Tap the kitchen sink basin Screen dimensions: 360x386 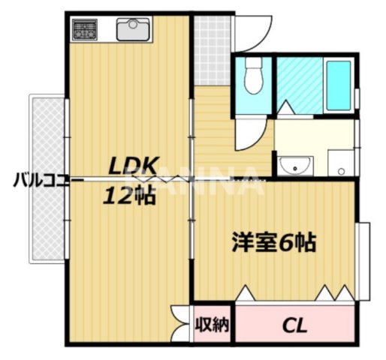pyautogui.click(x=134, y=30)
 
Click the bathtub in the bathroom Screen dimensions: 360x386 pyautogui.click(x=338, y=85)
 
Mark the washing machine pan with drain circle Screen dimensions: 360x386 pyautogui.click(x=339, y=162)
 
